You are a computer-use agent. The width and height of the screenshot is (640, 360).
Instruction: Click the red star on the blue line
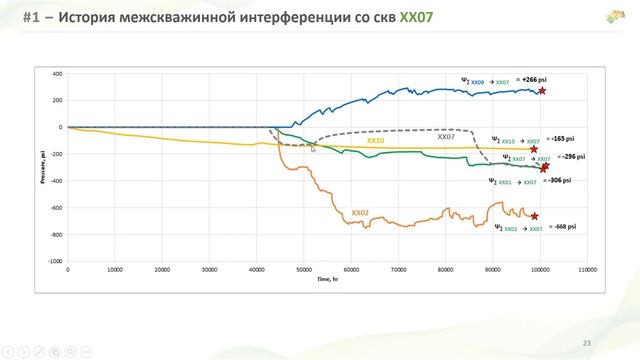(543, 91)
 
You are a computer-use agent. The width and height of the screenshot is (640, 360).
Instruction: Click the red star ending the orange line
(534, 216)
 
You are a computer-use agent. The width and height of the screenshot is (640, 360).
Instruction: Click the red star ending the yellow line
(534, 149)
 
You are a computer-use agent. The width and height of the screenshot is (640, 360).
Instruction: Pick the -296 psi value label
(572, 157)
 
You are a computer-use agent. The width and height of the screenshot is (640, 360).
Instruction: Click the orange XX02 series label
(360, 213)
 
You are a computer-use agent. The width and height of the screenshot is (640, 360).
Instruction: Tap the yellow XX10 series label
(375, 141)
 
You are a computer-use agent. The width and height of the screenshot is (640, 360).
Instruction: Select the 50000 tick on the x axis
(304, 270)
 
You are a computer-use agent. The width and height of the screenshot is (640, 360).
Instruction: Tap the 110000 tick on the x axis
(588, 270)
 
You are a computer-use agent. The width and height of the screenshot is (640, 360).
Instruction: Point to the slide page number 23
(587, 343)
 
